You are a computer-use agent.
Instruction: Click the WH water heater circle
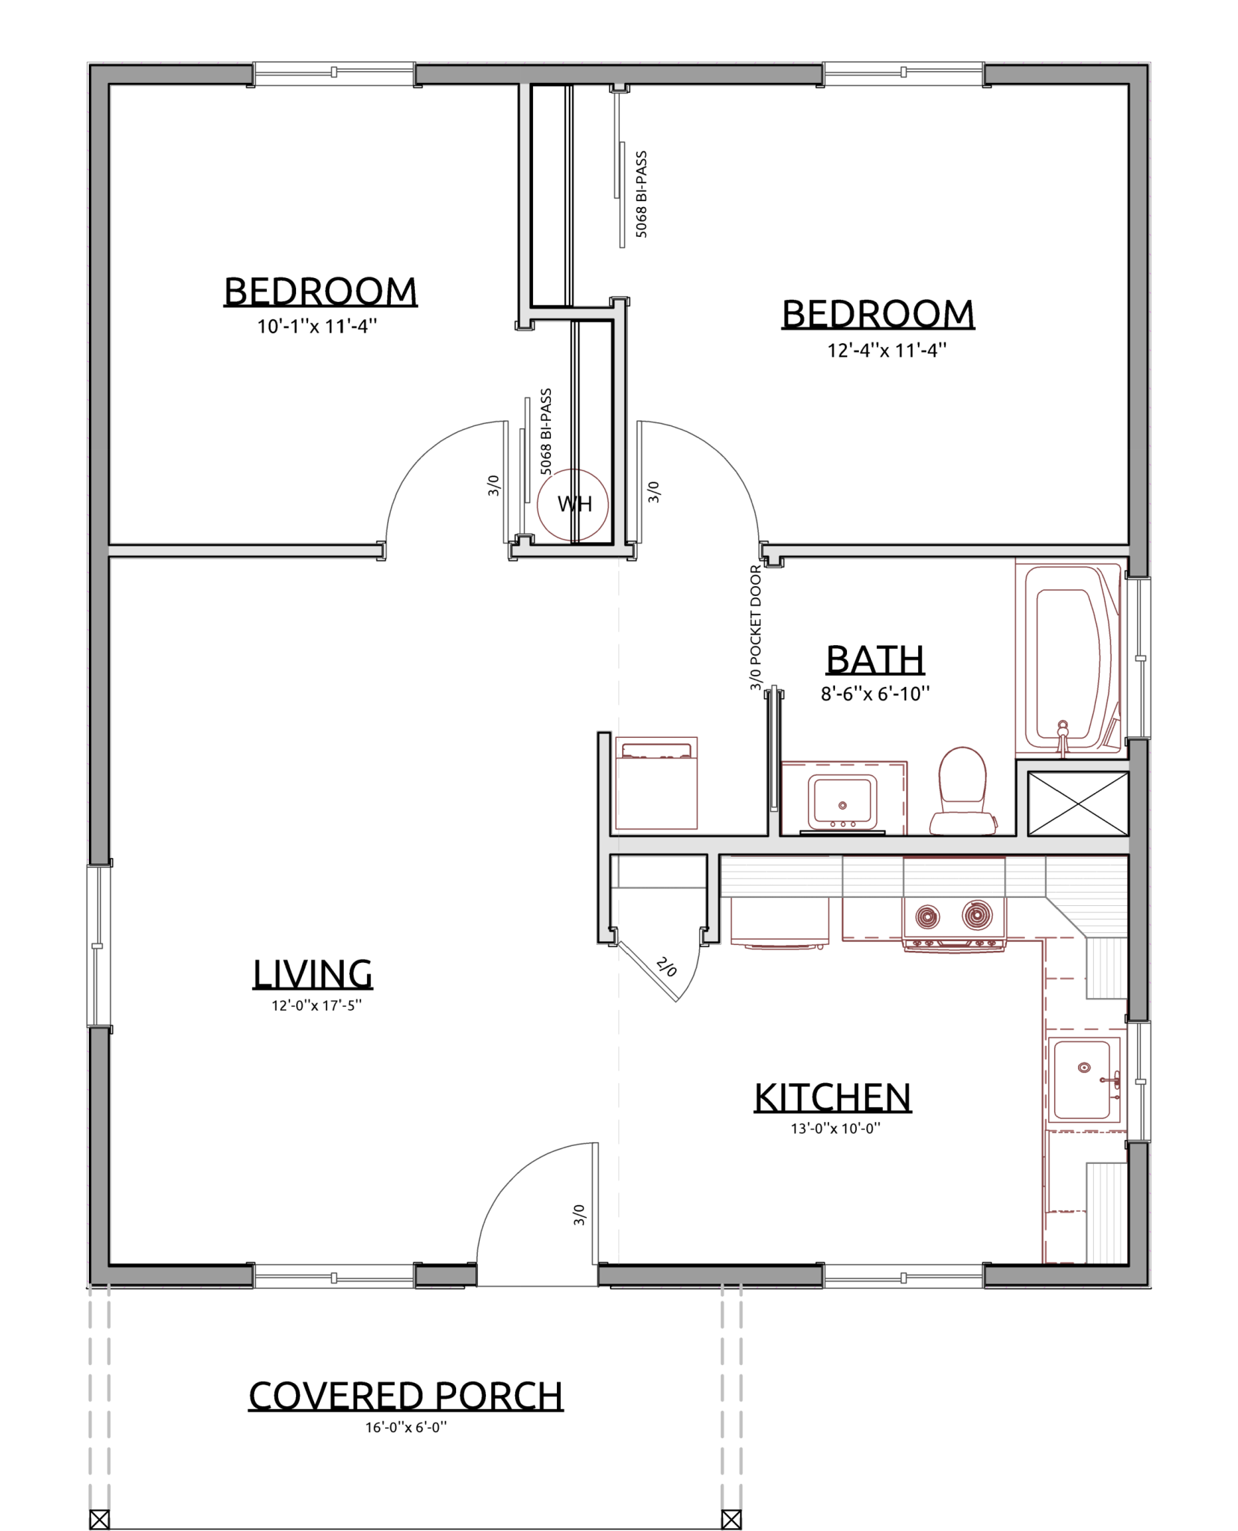pos(573,505)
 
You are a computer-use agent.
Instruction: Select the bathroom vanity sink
pos(843,803)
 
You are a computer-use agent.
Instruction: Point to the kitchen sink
pos(1084,1079)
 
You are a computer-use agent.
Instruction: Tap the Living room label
pos(312,974)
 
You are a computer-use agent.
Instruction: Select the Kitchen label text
pos(833,1097)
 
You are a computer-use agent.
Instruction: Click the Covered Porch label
pos(406,1396)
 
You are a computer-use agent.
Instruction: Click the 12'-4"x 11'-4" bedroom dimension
pos(887,350)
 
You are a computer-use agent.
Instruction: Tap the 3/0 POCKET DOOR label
pos(756,627)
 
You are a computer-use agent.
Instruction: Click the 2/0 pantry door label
pos(666,967)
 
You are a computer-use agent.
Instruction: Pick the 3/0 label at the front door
pos(579,1214)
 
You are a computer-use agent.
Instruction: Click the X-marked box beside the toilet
pos(1077,804)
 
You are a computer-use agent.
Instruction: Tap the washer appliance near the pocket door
pos(656,783)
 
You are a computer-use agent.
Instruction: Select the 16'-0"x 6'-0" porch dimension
pos(406,1428)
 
